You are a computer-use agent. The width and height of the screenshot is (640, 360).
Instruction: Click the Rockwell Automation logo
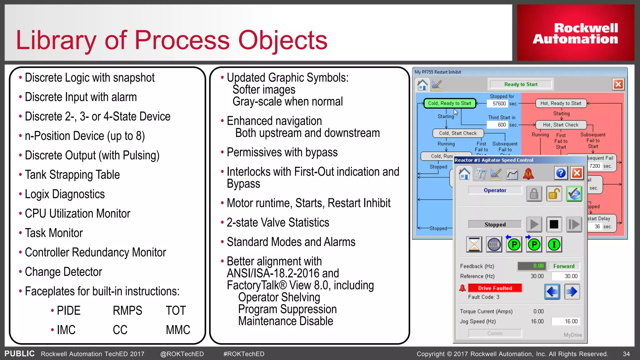(x=575, y=33)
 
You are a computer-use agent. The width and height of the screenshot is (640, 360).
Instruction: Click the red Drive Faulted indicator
(x=495, y=288)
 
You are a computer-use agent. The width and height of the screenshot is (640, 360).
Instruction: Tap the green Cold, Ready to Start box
(x=449, y=103)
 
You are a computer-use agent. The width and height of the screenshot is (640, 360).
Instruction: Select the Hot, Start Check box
(x=561, y=125)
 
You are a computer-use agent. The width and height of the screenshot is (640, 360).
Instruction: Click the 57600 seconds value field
(x=499, y=104)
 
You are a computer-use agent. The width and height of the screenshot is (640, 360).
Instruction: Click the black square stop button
(x=554, y=224)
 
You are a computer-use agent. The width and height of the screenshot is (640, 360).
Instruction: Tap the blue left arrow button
(x=552, y=292)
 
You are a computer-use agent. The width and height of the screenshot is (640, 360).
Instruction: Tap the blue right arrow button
(x=572, y=292)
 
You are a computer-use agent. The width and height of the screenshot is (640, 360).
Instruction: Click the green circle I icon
(x=554, y=244)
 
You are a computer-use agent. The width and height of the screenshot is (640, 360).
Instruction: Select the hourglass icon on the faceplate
(x=474, y=244)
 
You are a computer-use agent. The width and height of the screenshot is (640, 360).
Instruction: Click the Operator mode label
(x=495, y=190)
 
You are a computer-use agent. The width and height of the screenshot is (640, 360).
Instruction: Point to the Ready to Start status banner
(x=521, y=84)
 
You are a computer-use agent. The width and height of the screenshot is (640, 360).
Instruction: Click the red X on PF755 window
(x=618, y=84)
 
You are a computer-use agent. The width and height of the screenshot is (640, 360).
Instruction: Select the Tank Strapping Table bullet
(x=72, y=175)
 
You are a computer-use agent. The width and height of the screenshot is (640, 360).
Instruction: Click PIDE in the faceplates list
(x=68, y=311)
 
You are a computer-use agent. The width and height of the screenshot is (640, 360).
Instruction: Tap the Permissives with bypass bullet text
(x=282, y=152)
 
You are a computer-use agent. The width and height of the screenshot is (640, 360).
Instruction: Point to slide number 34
(x=626, y=354)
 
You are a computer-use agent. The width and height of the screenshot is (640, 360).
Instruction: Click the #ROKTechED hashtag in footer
(x=244, y=354)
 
